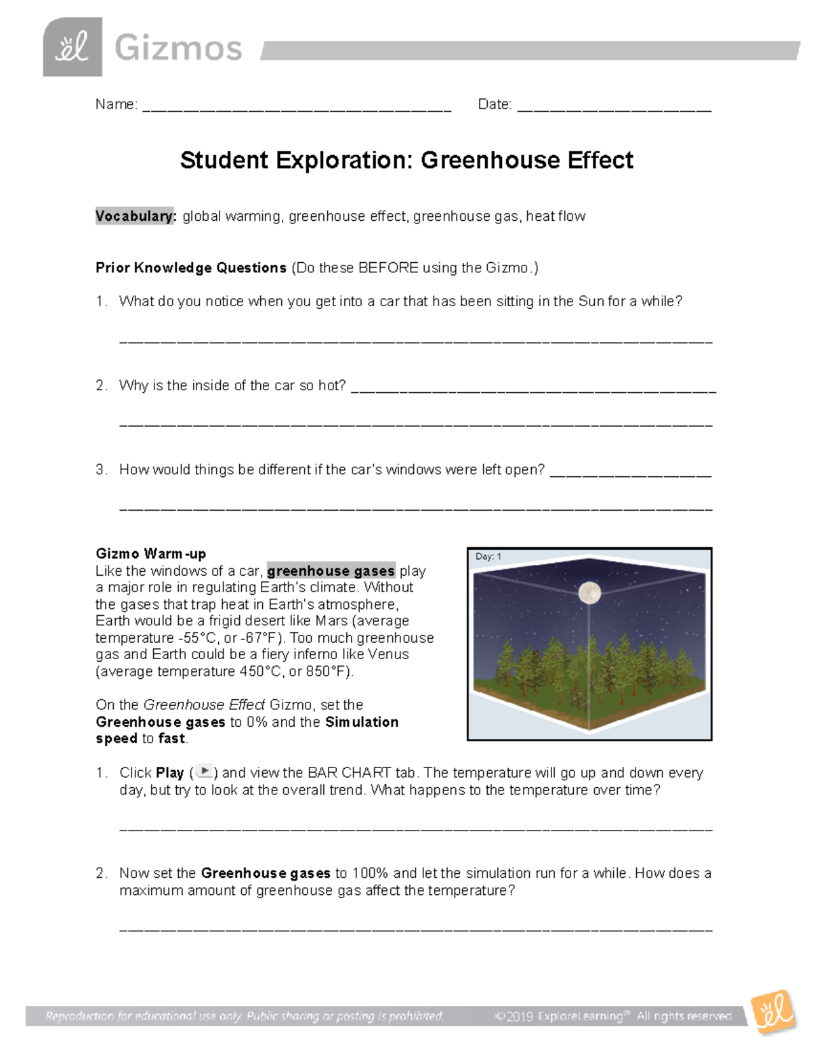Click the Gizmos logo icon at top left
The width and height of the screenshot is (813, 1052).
tap(72, 47)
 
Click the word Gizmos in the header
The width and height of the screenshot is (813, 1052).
tap(178, 49)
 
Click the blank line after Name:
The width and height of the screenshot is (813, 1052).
tap(297, 107)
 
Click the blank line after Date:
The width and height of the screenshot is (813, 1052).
tap(614, 107)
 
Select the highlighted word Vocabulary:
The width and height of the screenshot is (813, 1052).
tap(135, 216)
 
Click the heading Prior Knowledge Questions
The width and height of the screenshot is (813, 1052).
tap(190, 268)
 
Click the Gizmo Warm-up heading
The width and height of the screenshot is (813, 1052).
tap(150, 553)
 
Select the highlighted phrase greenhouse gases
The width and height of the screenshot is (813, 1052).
tap(331, 570)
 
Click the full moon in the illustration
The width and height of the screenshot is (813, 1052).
tap(590, 593)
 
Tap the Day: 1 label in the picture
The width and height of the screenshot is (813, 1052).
tap(488, 556)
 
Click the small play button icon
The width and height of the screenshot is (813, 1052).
tap(205, 772)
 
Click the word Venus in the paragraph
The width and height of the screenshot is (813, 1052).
tap(388, 654)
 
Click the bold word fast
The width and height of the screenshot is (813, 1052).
tap(171, 738)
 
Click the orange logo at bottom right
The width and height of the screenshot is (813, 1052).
tap(772, 1012)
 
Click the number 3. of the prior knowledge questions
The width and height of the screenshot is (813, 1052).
tap(102, 469)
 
